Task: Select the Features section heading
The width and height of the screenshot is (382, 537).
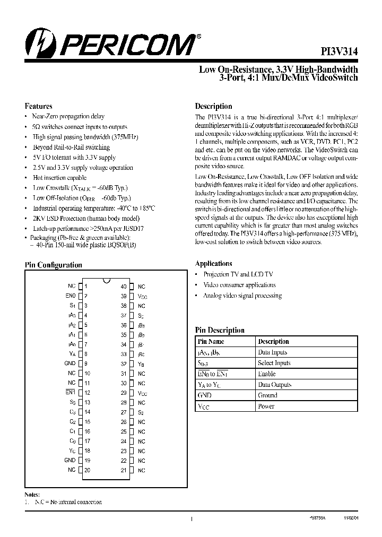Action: click(39, 106)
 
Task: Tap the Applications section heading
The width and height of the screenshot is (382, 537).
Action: click(213, 263)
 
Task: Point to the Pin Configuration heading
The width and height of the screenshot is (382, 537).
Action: click(54, 265)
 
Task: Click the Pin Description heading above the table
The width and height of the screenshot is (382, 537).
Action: click(220, 330)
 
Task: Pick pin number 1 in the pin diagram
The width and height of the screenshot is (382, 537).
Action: click(86, 286)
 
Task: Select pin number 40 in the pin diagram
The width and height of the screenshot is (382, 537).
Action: click(123, 286)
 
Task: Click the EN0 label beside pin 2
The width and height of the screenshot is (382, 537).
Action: click(71, 296)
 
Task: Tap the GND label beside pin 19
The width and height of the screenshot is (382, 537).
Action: click(70, 460)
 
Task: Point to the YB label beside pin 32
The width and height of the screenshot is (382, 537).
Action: click(141, 364)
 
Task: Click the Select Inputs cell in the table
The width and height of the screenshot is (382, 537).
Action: click(274, 363)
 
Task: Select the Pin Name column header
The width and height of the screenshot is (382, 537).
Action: click(211, 341)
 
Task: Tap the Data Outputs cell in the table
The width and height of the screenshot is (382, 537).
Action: click(274, 385)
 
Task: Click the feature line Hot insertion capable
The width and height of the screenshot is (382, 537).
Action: click(59, 178)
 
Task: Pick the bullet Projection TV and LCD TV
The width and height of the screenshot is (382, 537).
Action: click(238, 274)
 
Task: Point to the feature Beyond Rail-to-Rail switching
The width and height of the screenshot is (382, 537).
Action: click(71, 147)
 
